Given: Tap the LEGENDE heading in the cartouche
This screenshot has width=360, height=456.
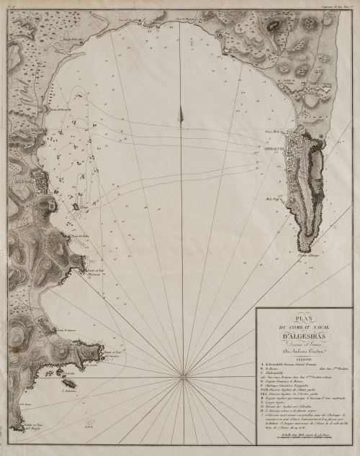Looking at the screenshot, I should coord(303,357).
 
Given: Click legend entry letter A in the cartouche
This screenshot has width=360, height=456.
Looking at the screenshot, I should coord(261,365).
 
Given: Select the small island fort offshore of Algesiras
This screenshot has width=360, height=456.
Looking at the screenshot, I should coord(77,206).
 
